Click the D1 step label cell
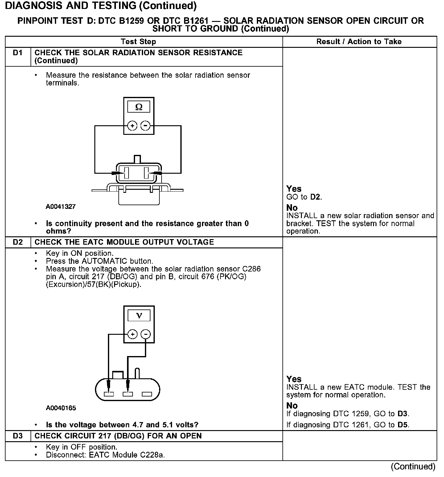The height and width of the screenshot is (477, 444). [x=18, y=53]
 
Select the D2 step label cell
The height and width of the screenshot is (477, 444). [x=18, y=242]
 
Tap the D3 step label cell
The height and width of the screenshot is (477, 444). [x=18, y=436]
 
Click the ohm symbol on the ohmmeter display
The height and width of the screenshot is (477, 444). [x=139, y=107]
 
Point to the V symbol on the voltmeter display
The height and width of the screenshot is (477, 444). [x=139, y=315]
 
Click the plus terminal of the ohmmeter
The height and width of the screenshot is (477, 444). [x=132, y=126]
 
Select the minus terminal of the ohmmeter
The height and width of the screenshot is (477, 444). [x=146, y=126]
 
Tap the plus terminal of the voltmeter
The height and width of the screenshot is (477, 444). [x=132, y=334]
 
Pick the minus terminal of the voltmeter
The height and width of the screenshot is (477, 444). [x=146, y=334]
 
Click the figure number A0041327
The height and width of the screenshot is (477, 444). [x=61, y=207]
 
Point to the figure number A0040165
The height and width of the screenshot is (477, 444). [x=61, y=408]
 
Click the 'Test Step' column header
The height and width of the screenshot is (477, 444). [x=138, y=42]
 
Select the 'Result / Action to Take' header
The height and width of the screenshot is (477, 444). [x=359, y=42]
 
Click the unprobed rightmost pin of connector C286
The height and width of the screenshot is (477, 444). [x=147, y=394]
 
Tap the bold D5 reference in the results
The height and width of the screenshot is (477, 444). [x=403, y=425]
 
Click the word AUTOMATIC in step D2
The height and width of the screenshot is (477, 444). [x=105, y=261]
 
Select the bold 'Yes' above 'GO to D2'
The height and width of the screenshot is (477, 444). [x=294, y=189]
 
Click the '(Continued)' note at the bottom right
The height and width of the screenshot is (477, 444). [x=413, y=467]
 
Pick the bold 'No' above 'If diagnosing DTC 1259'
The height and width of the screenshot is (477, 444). [x=292, y=405]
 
